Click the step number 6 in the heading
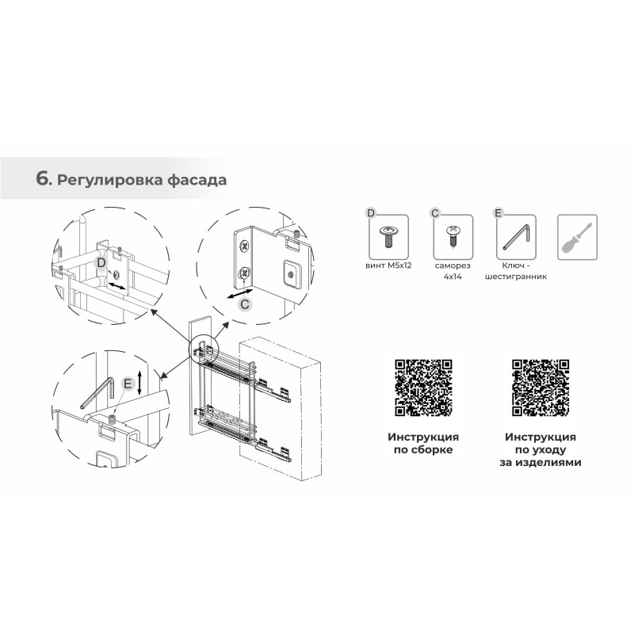point(43,179)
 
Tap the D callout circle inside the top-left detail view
point(101,262)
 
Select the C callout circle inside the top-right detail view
point(245,304)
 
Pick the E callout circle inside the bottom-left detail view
point(128,384)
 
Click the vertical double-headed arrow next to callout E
point(139,383)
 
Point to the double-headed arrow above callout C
point(240,293)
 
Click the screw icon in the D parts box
point(389,236)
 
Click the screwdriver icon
point(577,238)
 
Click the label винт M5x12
point(388,265)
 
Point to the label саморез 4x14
point(453,271)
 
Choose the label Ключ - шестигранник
point(516,271)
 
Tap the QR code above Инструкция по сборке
point(423,388)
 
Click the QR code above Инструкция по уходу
point(540,388)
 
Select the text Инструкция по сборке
point(423,443)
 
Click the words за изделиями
point(540,462)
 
